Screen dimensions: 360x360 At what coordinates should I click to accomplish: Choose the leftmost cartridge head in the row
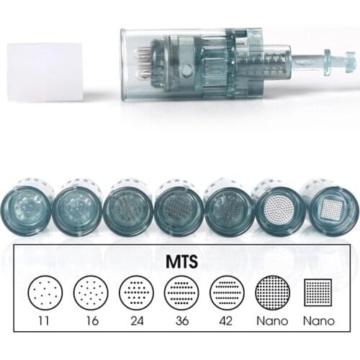30,207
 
